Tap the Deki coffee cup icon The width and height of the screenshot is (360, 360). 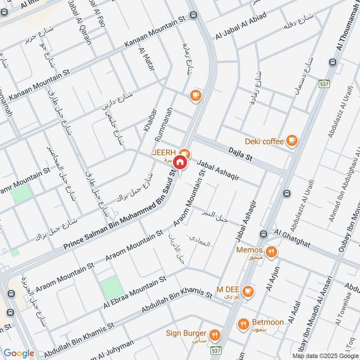(x=292, y=141)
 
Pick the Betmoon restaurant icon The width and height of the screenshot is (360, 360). (x=243, y=323)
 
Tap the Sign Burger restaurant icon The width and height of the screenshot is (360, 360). (x=215, y=334)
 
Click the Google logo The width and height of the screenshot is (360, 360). (x=19, y=353)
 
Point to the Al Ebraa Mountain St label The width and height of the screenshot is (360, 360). (x=135, y=292)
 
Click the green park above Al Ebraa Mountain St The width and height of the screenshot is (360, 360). (x=111, y=287)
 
